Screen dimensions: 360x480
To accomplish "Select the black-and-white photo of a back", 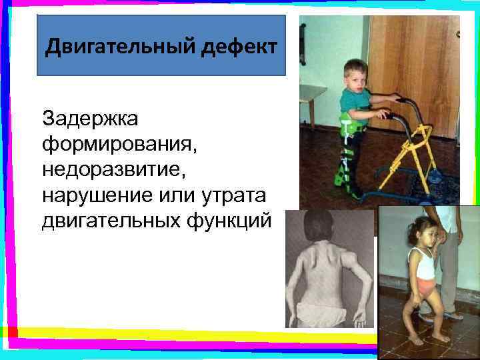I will pyautogui.click(x=331, y=270).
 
